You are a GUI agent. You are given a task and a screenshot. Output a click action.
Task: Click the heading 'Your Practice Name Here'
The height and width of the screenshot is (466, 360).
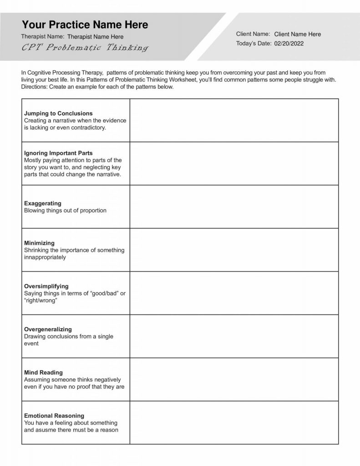[85, 25]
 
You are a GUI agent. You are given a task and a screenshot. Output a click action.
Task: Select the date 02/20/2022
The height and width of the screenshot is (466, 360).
[289, 44]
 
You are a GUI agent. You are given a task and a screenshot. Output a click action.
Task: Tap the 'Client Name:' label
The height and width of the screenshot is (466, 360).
[253, 34]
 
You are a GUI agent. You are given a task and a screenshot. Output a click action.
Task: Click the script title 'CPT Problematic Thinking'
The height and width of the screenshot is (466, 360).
[85, 48]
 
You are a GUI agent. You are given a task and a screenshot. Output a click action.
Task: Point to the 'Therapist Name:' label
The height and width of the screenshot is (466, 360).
[42, 36]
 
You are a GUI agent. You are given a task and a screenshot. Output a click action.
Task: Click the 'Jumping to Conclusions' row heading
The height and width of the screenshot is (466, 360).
[58, 113]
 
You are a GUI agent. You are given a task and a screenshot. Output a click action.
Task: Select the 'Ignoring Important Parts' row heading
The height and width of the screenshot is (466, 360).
[58, 153]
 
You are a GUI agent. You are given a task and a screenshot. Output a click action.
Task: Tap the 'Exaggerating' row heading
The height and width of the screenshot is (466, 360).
[42, 203]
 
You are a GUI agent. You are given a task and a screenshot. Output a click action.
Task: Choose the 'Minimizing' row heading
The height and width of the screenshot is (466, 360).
[39, 243]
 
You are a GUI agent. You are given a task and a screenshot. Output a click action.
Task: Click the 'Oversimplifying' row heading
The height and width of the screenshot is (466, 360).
[46, 286]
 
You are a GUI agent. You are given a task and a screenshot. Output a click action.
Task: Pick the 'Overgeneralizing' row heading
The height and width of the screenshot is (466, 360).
[48, 329]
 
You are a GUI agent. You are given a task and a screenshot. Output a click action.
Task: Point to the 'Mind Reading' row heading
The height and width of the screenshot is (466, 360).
[43, 372]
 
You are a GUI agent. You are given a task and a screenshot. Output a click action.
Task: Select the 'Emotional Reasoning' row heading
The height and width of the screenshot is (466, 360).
[54, 415]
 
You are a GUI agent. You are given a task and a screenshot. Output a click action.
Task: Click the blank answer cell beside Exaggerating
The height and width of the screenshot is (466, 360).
[234, 207]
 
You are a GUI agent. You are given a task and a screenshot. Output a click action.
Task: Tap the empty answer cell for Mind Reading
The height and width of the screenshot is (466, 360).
[234, 379]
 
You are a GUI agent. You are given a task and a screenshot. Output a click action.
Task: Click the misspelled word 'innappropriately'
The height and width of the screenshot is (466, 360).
[45, 257]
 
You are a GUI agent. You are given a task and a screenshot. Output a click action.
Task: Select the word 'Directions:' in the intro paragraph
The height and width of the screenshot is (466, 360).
[35, 86]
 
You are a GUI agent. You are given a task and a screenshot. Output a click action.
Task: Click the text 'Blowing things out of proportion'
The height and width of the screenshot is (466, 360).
[65, 211]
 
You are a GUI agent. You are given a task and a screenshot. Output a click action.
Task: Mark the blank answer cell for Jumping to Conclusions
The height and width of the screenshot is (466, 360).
[234, 120]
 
